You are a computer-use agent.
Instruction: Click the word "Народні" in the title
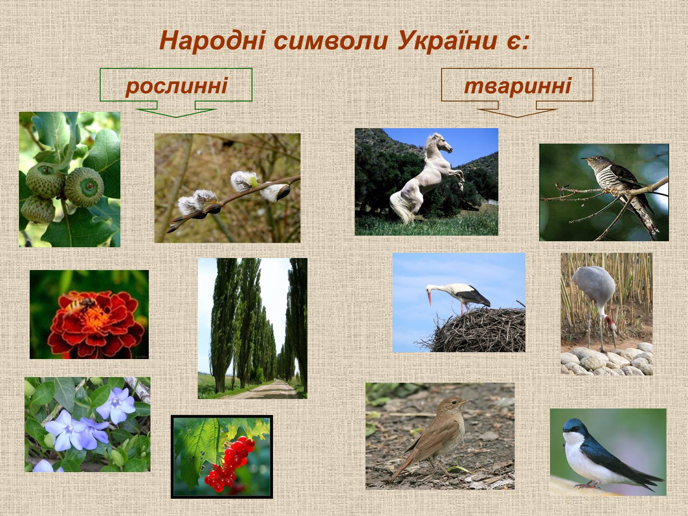[x=212, y=41]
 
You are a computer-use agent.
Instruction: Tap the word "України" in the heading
[x=447, y=41]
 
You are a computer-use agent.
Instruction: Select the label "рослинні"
[x=176, y=86]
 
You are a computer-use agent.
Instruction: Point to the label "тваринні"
[x=517, y=86]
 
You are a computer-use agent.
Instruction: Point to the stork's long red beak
[x=429, y=296]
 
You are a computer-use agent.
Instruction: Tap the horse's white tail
[x=401, y=207]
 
